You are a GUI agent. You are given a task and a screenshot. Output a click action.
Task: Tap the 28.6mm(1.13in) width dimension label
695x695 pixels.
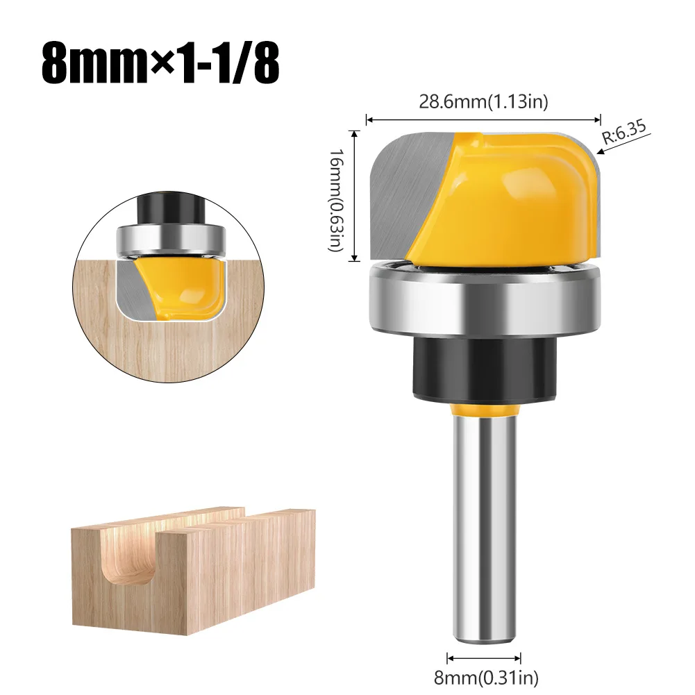(x=483, y=101)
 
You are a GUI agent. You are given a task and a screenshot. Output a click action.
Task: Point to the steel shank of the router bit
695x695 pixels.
(x=483, y=528)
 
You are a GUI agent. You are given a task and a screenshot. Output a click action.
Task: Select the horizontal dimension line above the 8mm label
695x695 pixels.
(x=483, y=657)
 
